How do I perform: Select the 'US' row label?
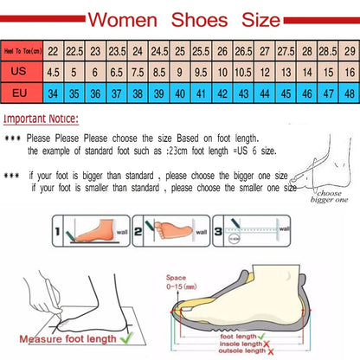tap(22, 74)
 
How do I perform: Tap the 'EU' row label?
tap(22, 93)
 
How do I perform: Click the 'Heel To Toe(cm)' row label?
tap(22, 52)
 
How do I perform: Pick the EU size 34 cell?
tap(54, 93)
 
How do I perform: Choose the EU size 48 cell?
tap(348, 93)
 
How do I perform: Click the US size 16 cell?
tap(348, 74)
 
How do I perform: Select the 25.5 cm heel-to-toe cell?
tap(201, 52)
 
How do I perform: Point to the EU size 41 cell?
tap(201, 93)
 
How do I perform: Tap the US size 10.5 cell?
tap(243, 74)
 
